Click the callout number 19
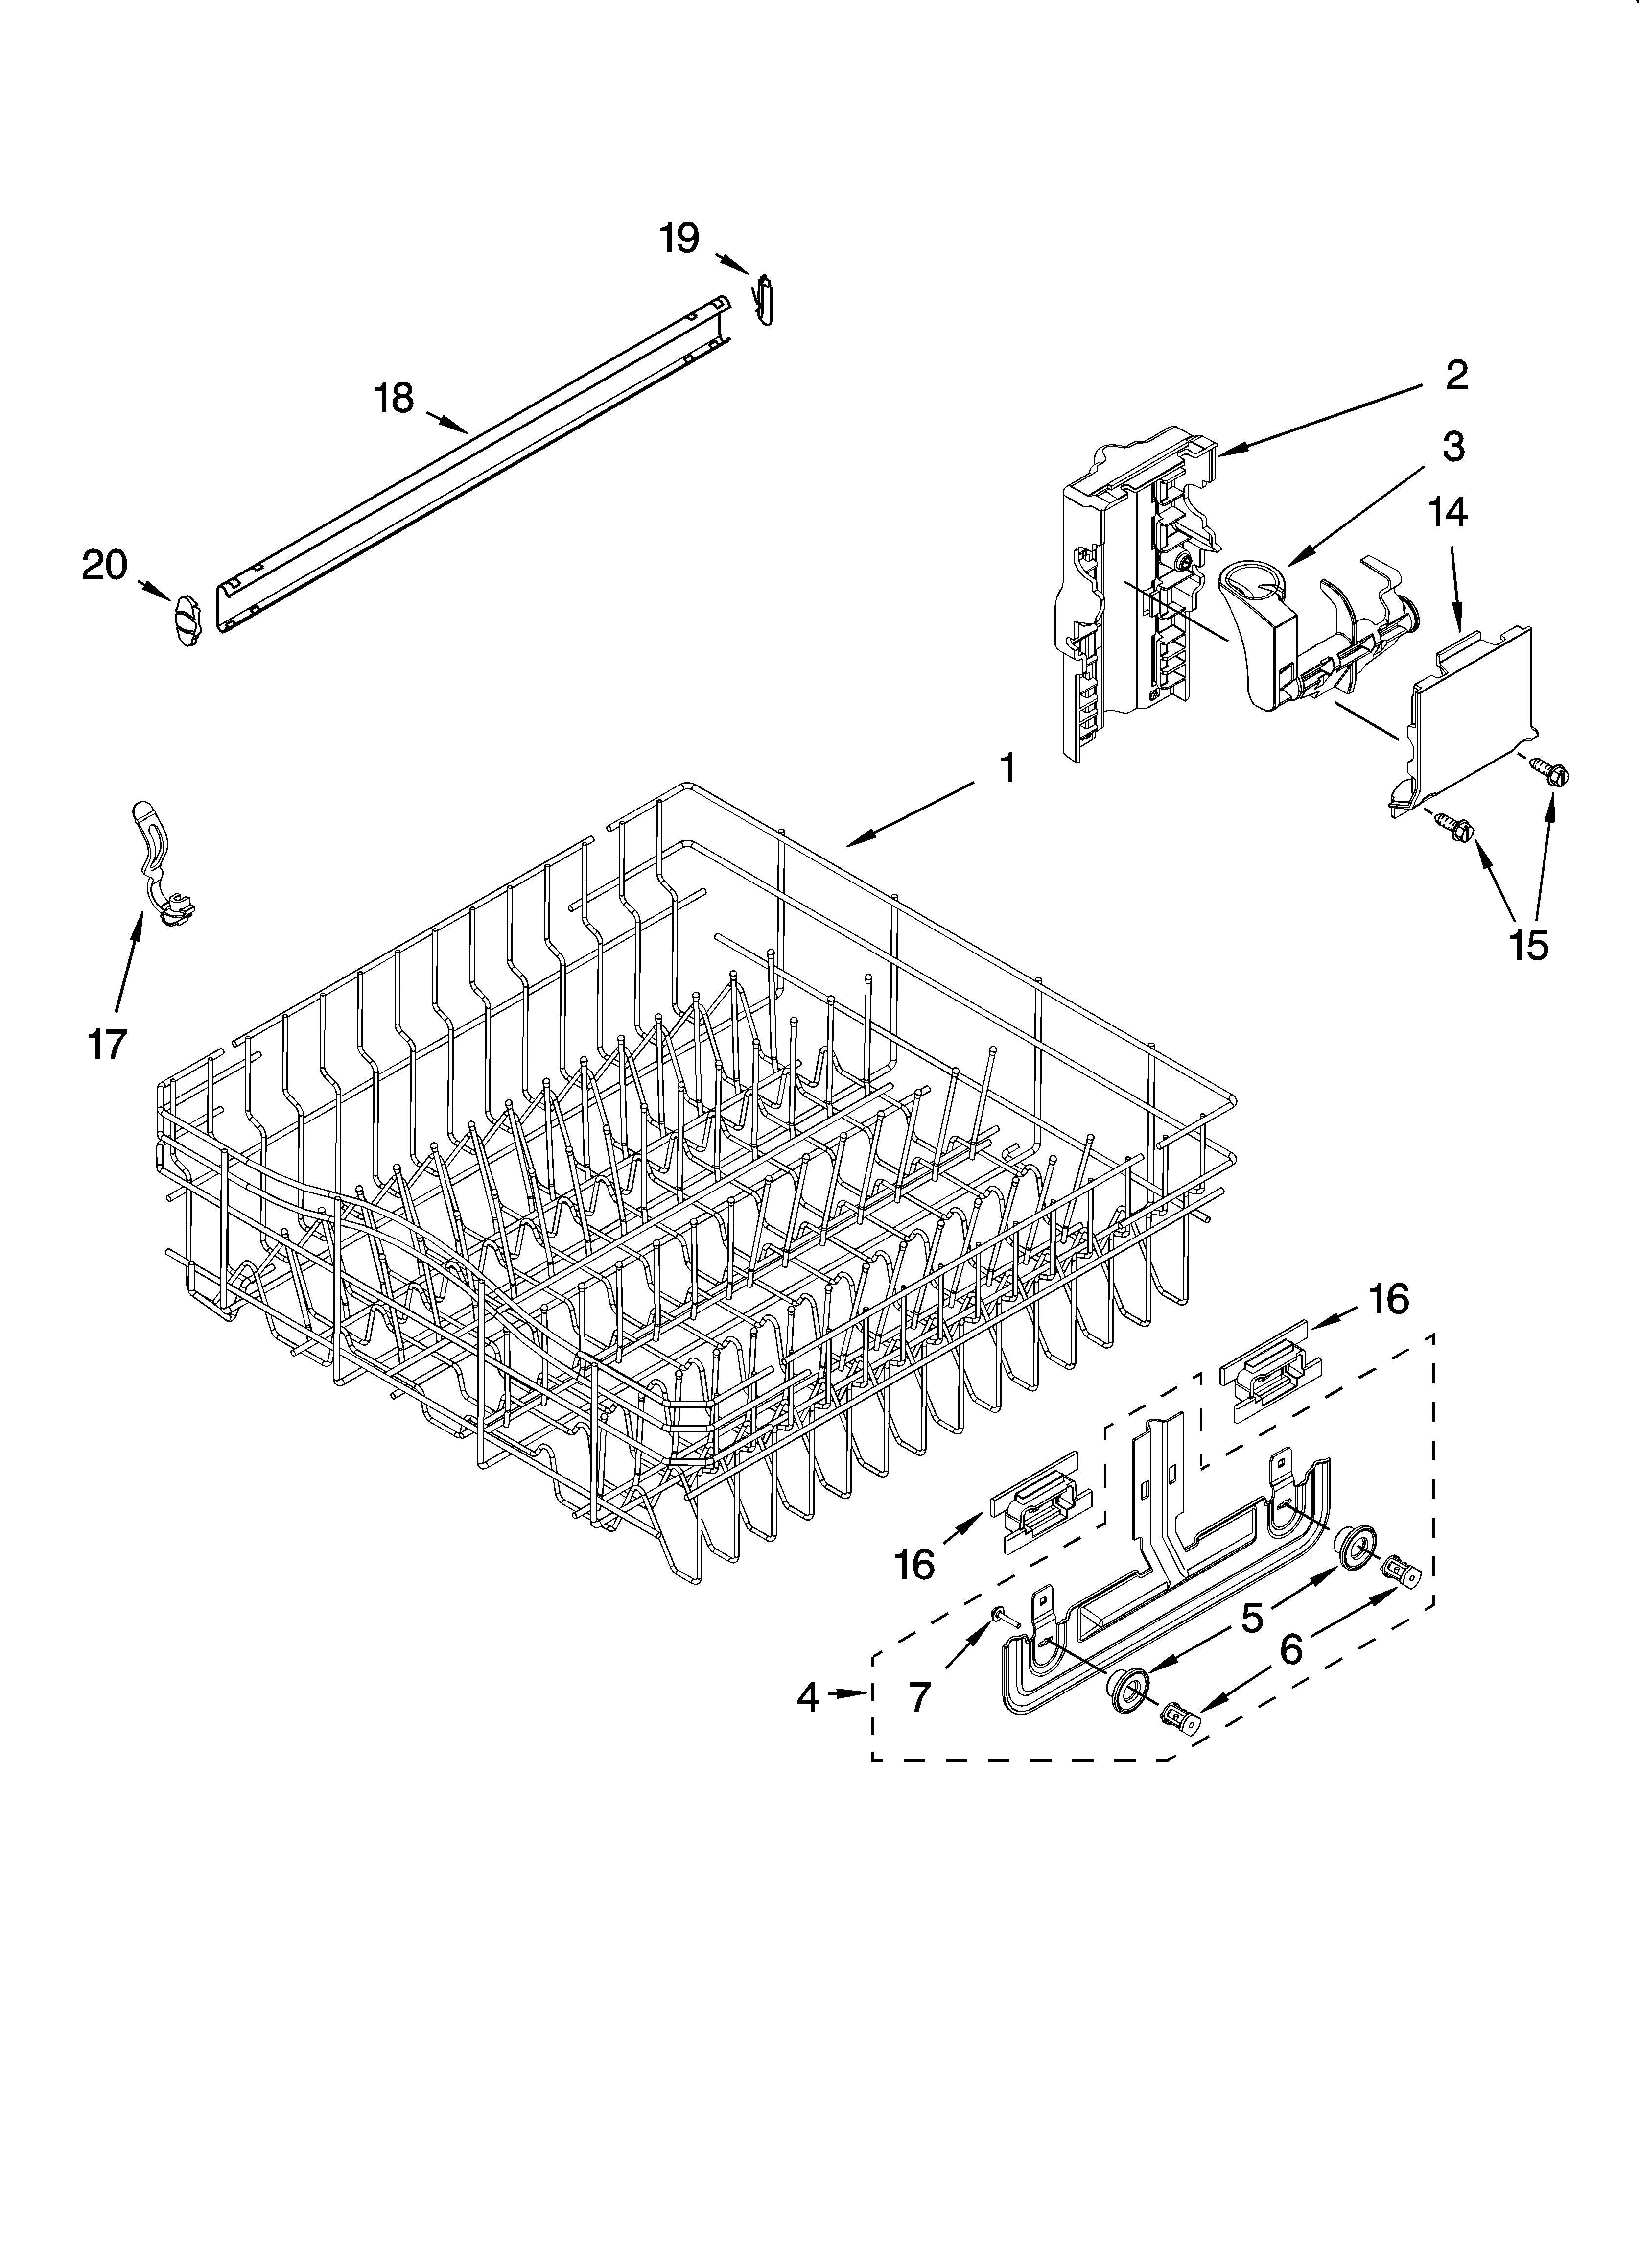680,238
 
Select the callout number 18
394,398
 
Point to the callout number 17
107,1044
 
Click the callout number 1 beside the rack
1008,769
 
